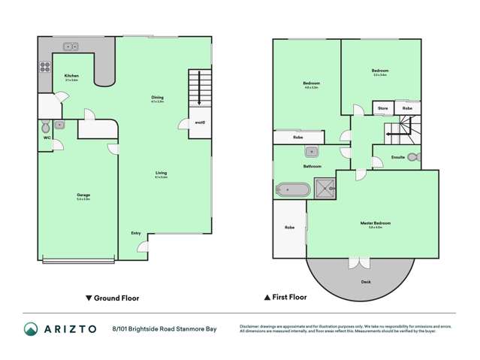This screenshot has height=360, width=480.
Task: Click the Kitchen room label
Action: (71, 76)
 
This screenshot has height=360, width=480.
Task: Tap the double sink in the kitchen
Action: (71, 46)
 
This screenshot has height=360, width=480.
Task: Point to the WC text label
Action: (46, 138)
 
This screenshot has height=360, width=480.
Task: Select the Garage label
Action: (83, 197)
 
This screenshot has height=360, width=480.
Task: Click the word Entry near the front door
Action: (136, 233)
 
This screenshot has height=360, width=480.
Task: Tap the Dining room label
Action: (157, 98)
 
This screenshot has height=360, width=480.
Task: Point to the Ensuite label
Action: (398, 157)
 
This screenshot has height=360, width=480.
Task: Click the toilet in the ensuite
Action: (414, 157)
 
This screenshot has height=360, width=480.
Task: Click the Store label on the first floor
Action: (382, 109)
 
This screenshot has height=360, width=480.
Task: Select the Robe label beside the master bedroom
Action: (288, 227)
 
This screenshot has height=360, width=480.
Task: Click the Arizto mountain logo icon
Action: (31, 328)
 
